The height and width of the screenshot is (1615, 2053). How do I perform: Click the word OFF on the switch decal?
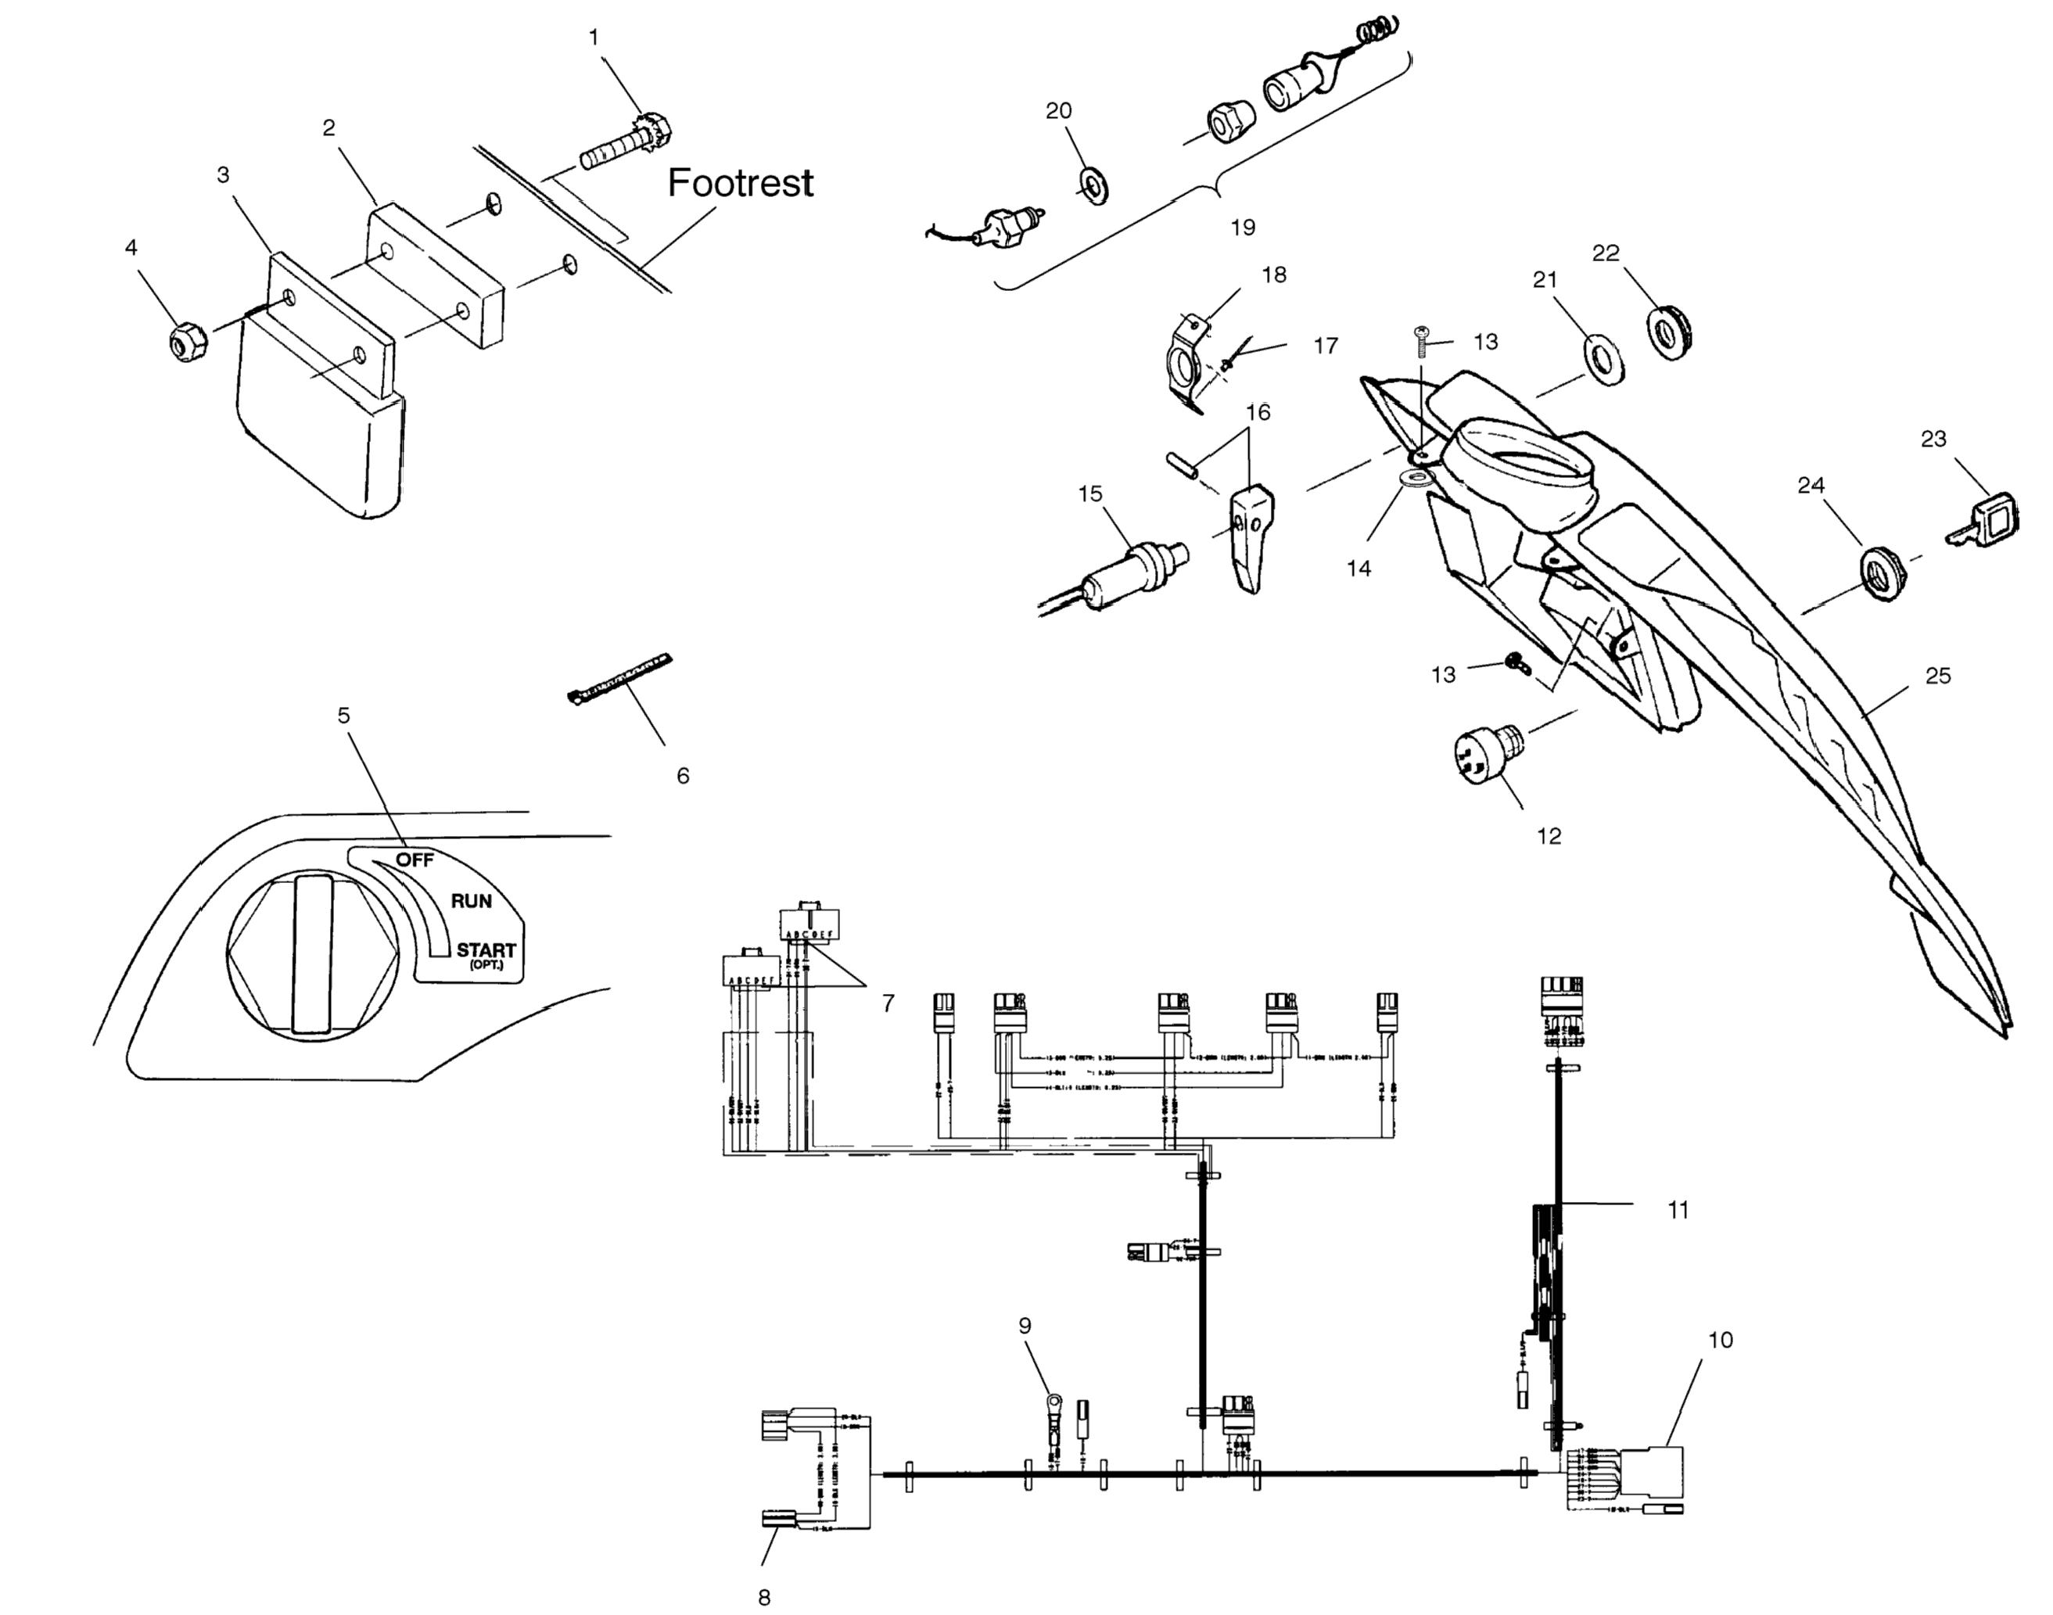click(x=415, y=860)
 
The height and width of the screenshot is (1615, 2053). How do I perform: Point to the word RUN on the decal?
click(x=471, y=901)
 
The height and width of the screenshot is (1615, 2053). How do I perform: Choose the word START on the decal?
click(x=486, y=949)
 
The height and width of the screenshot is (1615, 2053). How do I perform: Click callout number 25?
click(x=1937, y=676)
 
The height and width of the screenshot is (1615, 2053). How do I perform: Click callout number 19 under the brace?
click(x=1243, y=228)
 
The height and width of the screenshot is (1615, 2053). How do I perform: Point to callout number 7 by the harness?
click(x=888, y=1003)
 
